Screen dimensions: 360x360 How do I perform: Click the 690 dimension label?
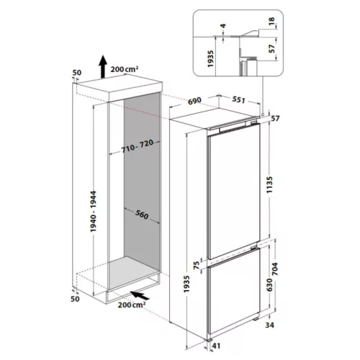pyautogui.click(x=194, y=101)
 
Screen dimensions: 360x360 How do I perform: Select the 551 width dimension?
pyautogui.click(x=238, y=99)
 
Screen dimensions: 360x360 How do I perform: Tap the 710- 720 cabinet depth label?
pyautogui.click(x=138, y=146)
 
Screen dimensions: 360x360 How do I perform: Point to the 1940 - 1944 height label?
pyautogui.click(x=93, y=212)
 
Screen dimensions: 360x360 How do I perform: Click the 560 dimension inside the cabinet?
pyautogui.click(x=142, y=215)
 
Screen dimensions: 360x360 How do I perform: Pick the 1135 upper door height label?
pyautogui.click(x=270, y=185)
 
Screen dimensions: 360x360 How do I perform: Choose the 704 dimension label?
pyautogui.click(x=274, y=269)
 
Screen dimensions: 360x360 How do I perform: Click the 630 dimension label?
pyautogui.click(x=270, y=285)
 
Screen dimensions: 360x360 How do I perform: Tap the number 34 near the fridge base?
pyautogui.click(x=270, y=325)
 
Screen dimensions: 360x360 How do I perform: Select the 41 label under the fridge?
pyautogui.click(x=216, y=346)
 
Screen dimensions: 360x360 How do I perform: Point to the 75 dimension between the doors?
pyautogui.click(x=197, y=265)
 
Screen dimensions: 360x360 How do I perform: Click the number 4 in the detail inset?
pyautogui.click(x=223, y=26)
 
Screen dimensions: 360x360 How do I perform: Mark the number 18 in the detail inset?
pyautogui.click(x=271, y=22)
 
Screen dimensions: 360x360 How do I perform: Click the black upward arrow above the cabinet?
pyautogui.click(x=103, y=66)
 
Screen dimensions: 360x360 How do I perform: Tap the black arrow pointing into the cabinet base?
pyautogui.click(x=140, y=295)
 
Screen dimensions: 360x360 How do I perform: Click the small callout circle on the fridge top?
pyautogui.click(x=263, y=114)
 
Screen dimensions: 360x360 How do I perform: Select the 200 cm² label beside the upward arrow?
pyautogui.click(x=125, y=69)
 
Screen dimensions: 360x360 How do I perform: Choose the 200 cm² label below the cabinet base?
pyautogui.click(x=132, y=305)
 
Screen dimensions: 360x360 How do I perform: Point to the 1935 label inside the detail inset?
pyautogui.click(x=210, y=59)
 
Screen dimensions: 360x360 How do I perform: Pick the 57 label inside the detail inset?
pyautogui.click(x=271, y=49)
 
